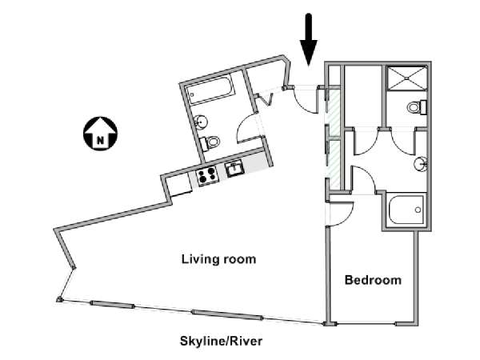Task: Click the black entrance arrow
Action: [309, 40]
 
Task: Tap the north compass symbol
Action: [101, 134]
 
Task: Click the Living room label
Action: [219, 259]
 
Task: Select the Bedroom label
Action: [373, 280]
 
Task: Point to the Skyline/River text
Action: [221, 341]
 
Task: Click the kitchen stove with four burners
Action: [207, 176]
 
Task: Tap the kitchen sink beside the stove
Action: [234, 169]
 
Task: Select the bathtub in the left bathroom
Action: [210, 90]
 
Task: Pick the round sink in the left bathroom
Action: [201, 122]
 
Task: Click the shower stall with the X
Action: [406, 78]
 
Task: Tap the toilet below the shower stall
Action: [417, 107]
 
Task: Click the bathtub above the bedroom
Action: [406, 210]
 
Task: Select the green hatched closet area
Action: [333, 137]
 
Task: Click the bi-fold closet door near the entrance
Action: [265, 98]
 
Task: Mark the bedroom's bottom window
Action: [366, 323]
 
